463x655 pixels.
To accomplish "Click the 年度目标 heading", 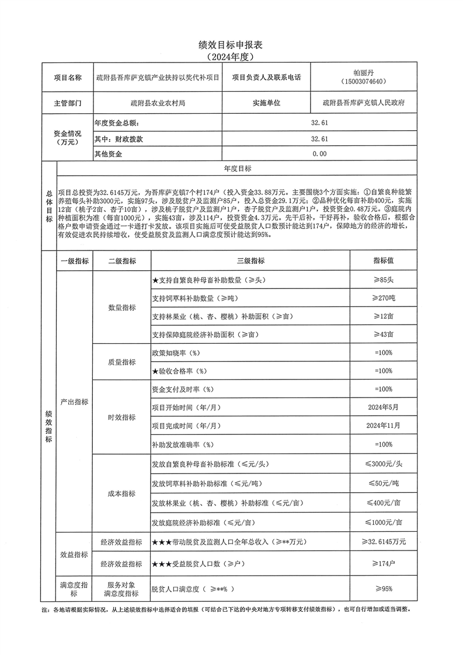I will [238, 168].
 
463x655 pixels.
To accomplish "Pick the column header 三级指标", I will [250, 260].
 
